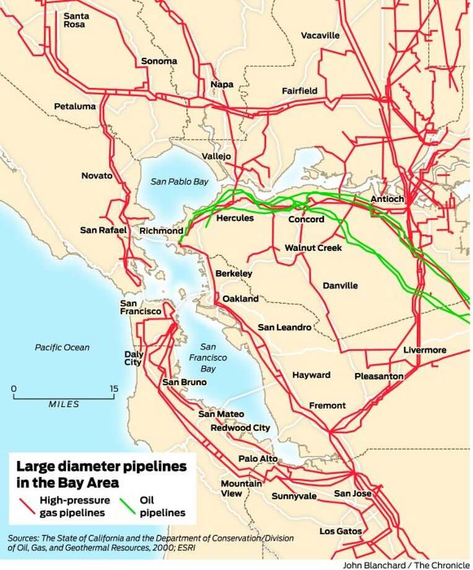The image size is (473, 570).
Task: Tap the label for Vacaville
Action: coord(320,35)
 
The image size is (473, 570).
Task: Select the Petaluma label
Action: coord(75,106)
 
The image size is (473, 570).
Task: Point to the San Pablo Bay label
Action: coord(180,182)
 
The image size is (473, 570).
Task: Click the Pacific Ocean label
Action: coord(62,348)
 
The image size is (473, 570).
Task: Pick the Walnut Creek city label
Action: coord(313,248)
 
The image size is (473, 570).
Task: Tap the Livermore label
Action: coord(424,350)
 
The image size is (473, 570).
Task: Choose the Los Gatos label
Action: coord(341,531)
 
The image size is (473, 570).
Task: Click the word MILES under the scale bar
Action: coord(64,405)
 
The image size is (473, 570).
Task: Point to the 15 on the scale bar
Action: coord(113,389)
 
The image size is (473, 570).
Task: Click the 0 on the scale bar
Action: coord(14,389)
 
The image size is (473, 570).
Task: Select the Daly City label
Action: coord(134,359)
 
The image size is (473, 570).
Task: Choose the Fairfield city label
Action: coord(300,90)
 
